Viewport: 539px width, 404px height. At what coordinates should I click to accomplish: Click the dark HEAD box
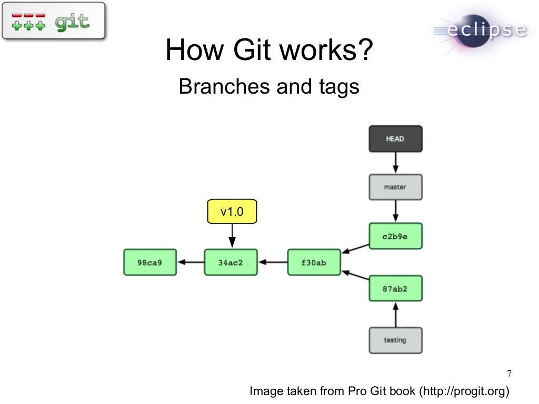(395, 139)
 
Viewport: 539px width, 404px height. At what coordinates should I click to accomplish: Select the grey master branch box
(395, 187)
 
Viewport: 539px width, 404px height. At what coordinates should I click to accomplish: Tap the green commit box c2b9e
(395, 236)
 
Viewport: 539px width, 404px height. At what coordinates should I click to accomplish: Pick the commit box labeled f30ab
(314, 262)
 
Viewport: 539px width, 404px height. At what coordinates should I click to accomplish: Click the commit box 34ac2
(231, 262)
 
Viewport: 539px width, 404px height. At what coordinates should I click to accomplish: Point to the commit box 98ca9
(149, 262)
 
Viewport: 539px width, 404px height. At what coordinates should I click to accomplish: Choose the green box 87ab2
(395, 288)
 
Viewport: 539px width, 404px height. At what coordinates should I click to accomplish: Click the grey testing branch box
(395, 340)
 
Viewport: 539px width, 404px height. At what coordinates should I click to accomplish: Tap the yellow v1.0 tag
(232, 211)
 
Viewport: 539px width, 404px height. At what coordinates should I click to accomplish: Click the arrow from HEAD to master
(395, 163)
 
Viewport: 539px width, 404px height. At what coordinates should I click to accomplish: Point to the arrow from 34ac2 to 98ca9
(190, 262)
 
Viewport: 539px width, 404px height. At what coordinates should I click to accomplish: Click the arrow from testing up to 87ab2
(395, 314)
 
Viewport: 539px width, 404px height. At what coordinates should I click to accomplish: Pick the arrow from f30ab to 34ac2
(273, 262)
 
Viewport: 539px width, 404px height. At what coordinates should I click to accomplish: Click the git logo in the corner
(53, 21)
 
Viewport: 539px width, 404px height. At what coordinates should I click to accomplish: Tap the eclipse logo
(480, 32)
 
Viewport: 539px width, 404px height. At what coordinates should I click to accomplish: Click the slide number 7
(509, 374)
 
